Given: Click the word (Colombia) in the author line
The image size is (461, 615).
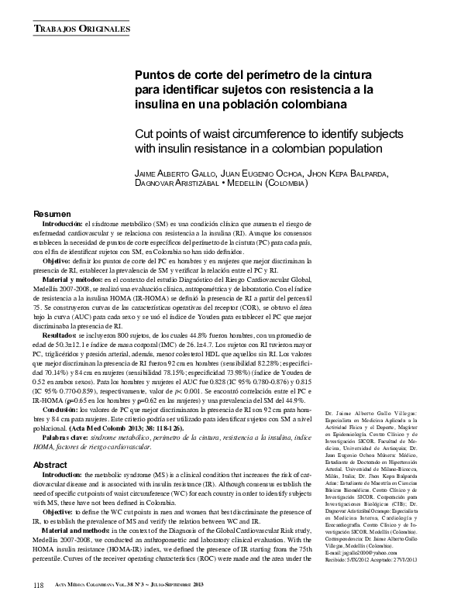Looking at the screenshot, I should point(280,184).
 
